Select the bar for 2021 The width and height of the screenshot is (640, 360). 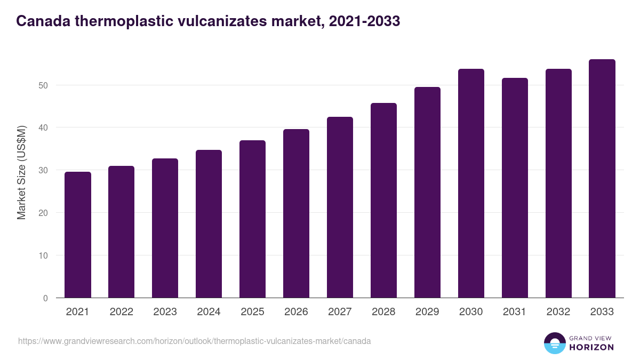[78, 235]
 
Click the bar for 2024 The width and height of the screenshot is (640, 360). [209, 224]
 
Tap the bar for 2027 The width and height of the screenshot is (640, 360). [340, 207]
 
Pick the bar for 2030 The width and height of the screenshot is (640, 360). [471, 183]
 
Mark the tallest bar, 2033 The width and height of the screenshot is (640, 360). [602, 179]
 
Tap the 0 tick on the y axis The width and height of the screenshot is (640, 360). [45, 298]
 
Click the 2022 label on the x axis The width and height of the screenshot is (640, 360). [122, 312]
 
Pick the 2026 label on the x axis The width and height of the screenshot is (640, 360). [296, 312]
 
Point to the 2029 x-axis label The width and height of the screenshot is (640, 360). [427, 312]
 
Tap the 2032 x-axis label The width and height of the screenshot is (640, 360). [558, 312]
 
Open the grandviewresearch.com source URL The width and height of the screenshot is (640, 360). [194, 341]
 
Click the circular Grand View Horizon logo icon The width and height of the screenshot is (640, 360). [554, 343]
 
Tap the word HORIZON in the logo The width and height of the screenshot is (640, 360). [591, 347]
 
